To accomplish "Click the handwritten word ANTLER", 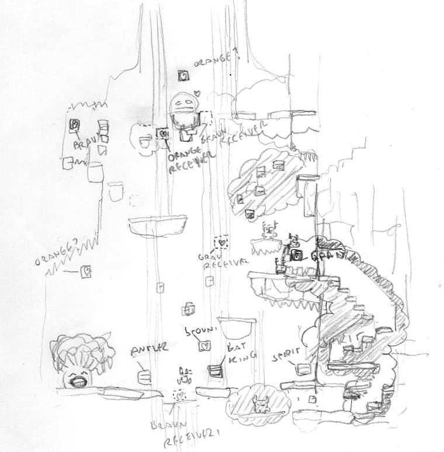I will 150,349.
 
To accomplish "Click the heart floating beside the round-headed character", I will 198,93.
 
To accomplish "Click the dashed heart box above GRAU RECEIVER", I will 221,241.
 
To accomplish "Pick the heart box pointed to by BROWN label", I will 203,346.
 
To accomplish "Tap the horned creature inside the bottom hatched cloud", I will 261,405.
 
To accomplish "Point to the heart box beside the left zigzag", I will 86,272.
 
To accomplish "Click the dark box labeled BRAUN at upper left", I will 75,125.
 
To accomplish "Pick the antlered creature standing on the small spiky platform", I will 268,231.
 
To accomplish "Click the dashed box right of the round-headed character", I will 206,117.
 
